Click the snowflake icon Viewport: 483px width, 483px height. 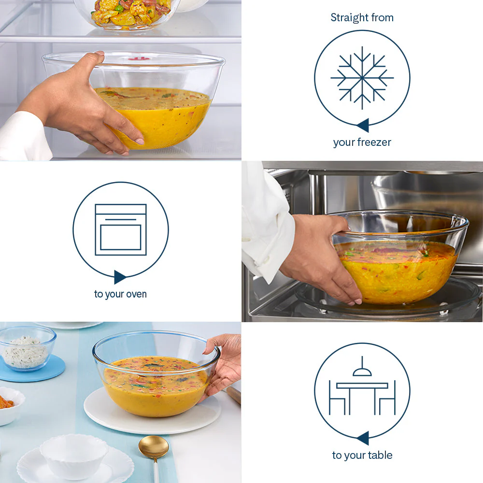coord(362,78)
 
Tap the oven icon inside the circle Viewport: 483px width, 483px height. coord(121,229)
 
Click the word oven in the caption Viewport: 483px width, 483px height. coord(136,294)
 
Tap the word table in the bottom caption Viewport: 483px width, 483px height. coord(380,455)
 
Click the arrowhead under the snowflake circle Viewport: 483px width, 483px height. coord(363,125)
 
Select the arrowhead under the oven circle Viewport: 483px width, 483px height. coord(120,277)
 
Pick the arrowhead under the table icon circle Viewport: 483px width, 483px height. coord(363,438)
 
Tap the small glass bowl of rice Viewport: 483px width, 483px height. coord(28,348)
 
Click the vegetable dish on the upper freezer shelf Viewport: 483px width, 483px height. coord(130,13)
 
